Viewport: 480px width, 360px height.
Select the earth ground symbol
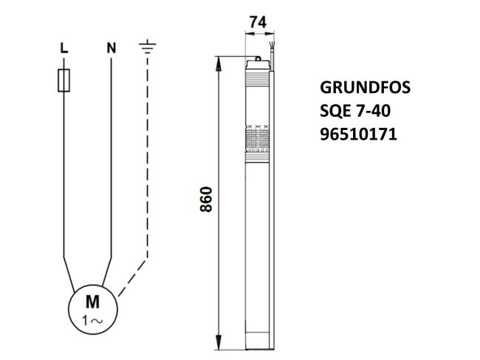point(148,47)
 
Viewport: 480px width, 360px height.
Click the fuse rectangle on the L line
point(64,80)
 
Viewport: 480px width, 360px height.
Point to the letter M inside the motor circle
point(92,302)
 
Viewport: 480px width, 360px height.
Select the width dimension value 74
point(258,23)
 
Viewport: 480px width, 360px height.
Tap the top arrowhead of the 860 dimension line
point(219,62)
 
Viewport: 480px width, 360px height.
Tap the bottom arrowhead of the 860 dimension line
point(219,345)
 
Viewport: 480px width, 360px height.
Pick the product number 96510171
point(358,136)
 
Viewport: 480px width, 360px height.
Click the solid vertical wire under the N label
point(111,163)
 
